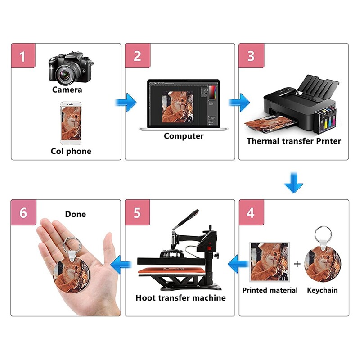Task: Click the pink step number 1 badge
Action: click(x=23, y=56)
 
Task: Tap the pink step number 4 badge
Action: click(x=252, y=212)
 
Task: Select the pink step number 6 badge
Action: click(x=23, y=212)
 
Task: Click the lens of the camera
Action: click(x=65, y=75)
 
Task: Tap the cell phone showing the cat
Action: click(x=71, y=123)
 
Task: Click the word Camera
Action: click(x=67, y=90)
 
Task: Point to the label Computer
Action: click(x=184, y=136)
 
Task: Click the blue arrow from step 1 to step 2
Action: click(x=126, y=103)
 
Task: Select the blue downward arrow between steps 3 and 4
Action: click(x=294, y=183)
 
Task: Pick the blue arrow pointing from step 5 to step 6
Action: click(x=121, y=265)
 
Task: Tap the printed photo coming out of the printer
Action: click(x=269, y=124)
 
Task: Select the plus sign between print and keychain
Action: click(x=297, y=264)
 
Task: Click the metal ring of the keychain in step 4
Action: click(x=323, y=234)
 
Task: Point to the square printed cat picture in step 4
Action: click(x=270, y=262)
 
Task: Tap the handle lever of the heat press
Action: click(x=185, y=220)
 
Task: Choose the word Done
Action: click(x=76, y=214)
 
